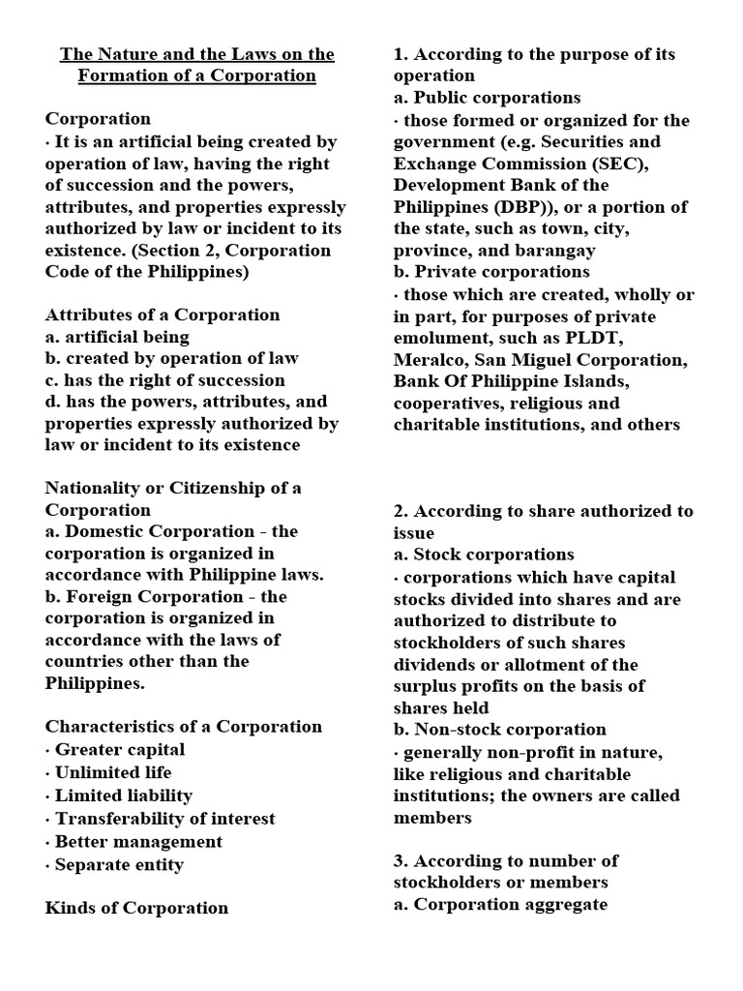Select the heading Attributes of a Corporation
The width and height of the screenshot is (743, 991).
coord(163,315)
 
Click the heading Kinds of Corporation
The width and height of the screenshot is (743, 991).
coord(136,908)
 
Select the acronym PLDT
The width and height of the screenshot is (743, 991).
coord(661,338)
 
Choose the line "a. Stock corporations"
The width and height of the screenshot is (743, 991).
coord(484,555)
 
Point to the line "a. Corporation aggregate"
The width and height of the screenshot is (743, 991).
coord(500,905)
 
